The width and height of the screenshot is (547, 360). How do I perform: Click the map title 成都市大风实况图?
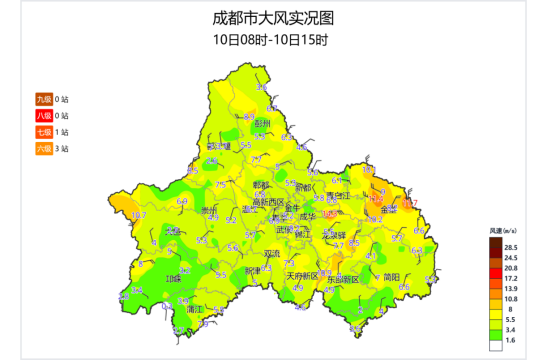click(x=273, y=19)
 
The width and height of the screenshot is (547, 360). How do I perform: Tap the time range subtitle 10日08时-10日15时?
click(x=273, y=39)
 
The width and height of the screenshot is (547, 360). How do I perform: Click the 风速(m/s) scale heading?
click(x=503, y=231)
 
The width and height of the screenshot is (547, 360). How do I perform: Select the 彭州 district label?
click(x=263, y=124)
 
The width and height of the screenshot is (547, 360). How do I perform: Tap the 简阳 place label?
click(x=392, y=277)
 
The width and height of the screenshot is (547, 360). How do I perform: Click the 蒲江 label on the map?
click(x=194, y=308)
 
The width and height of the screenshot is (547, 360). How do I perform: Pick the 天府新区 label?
click(x=302, y=276)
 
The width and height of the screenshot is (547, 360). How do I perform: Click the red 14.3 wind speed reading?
click(x=330, y=214)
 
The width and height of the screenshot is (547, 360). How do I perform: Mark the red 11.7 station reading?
click(x=410, y=203)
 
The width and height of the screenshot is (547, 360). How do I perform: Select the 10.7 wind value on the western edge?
click(x=139, y=216)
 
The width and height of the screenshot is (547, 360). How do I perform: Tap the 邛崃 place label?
click(x=174, y=279)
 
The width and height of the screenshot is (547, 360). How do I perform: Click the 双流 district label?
click(x=271, y=253)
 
